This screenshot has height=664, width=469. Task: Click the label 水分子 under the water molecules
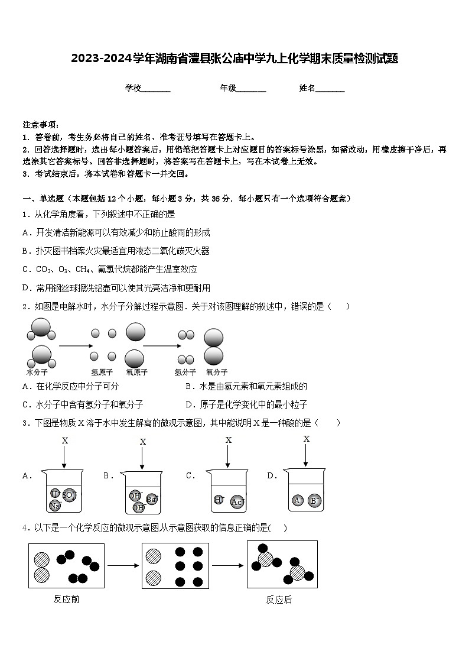click(x=37, y=373)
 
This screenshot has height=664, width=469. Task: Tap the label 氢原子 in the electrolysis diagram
click(x=102, y=373)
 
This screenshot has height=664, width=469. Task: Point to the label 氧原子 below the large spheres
click(x=136, y=373)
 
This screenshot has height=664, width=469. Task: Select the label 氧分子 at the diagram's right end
click(x=216, y=373)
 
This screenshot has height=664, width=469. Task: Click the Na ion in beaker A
click(x=55, y=506)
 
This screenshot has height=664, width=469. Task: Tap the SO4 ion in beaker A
click(x=69, y=495)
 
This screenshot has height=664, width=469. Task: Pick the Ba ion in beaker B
click(x=151, y=499)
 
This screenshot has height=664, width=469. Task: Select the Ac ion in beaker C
click(x=237, y=502)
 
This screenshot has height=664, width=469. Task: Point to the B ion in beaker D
click(x=315, y=501)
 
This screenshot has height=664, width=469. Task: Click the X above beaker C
click(x=229, y=440)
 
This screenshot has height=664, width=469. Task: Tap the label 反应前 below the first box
click(x=66, y=600)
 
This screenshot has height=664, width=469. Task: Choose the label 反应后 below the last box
click(x=279, y=600)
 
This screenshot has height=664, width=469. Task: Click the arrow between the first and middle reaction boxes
click(x=123, y=566)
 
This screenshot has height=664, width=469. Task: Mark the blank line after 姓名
click(x=330, y=89)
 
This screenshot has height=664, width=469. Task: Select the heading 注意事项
click(x=41, y=124)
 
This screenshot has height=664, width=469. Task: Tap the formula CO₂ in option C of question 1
click(x=43, y=270)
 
